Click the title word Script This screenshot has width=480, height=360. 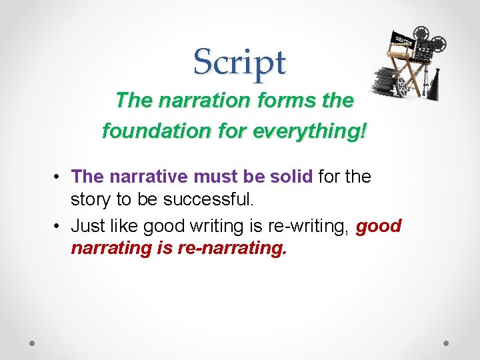coord(239,62)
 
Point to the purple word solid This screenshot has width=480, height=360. coord(291,177)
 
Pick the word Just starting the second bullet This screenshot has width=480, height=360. coord(88,226)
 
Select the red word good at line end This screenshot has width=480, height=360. coord(379,226)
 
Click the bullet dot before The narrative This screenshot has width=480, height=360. coord(59,177)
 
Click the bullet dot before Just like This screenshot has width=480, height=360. coord(59,227)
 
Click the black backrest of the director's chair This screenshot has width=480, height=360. coord(402,41)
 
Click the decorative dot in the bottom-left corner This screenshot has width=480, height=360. coord(32,343)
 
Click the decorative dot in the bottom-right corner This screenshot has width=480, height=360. coord(446,343)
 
